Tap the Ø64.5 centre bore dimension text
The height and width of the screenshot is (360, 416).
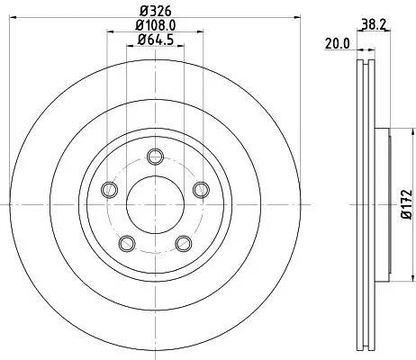tap(157, 44)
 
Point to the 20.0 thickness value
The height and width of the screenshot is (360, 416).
tap(337, 42)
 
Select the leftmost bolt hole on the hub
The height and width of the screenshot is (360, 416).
tap(110, 189)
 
